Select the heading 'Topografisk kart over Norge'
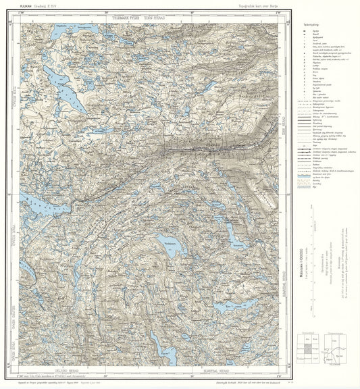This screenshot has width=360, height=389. coord(253,6)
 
